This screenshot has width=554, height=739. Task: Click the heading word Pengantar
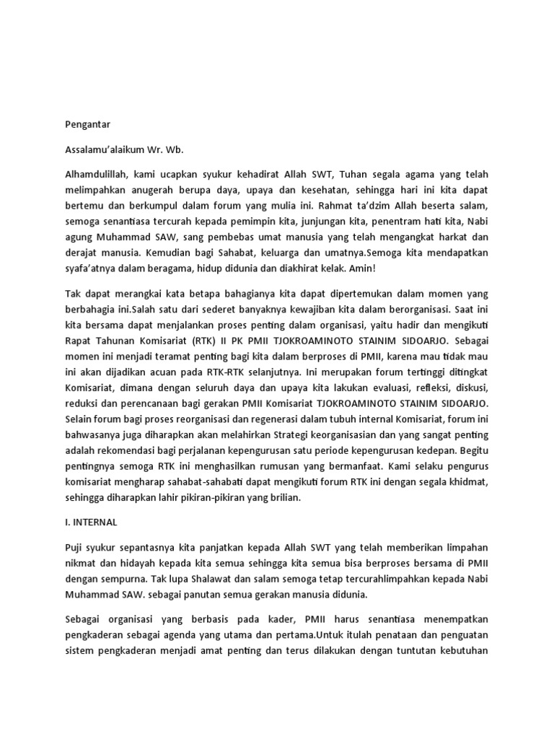(x=85, y=123)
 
